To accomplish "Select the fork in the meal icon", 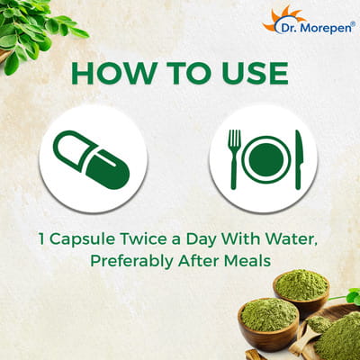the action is (234, 159).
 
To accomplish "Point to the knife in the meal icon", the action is (299, 159).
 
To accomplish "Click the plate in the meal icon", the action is (266, 159).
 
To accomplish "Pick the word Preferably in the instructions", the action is (131, 261).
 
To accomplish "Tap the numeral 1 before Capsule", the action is (42, 239).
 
